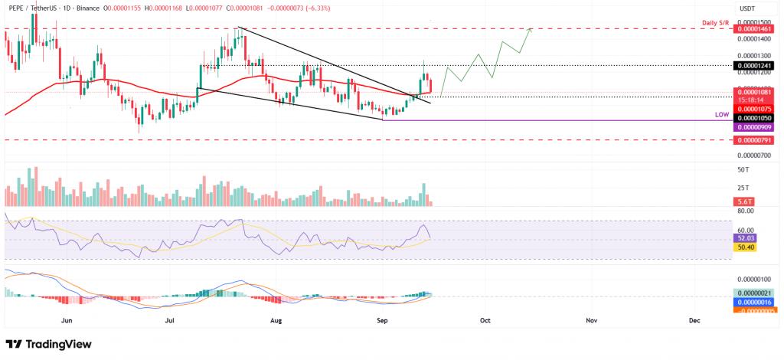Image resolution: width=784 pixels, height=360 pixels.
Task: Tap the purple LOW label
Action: click(720, 114)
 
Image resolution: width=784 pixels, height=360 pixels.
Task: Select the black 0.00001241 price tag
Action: click(754, 66)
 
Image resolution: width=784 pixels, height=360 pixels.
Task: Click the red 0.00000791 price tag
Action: click(754, 140)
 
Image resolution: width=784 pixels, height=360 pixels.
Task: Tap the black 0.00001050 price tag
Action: click(754, 118)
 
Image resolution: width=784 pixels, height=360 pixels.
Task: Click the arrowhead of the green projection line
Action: click(530, 29)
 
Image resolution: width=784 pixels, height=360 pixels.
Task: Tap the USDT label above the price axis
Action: click(746, 8)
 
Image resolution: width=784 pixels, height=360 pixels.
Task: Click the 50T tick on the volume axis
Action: click(743, 169)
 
